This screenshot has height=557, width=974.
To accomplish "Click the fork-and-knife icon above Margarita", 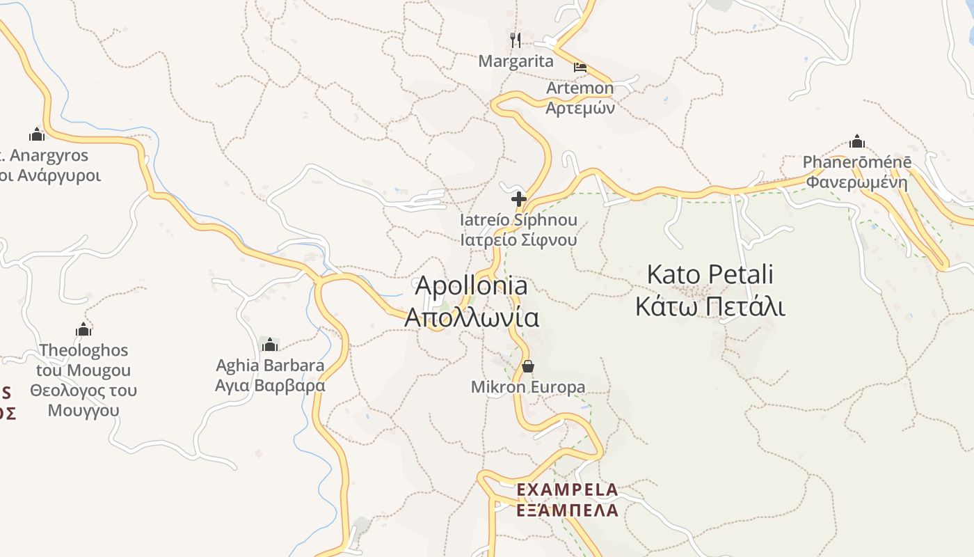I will click(x=516, y=40).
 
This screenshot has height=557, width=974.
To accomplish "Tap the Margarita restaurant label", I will click(x=516, y=61).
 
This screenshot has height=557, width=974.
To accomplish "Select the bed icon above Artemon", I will click(x=580, y=68).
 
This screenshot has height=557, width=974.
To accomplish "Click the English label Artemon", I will click(x=580, y=88).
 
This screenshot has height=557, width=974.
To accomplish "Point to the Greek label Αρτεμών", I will click(x=580, y=108).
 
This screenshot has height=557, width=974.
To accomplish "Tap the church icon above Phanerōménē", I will click(x=857, y=142).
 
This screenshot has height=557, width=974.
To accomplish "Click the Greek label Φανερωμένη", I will click(x=857, y=182).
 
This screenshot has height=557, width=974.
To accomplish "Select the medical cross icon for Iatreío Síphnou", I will click(x=519, y=200).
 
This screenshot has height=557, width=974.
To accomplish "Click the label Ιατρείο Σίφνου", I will click(x=518, y=240).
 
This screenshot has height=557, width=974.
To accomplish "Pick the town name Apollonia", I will click(x=471, y=285).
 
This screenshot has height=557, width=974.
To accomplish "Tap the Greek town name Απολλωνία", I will click(x=472, y=317).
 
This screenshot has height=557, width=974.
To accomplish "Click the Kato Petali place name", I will click(x=710, y=274).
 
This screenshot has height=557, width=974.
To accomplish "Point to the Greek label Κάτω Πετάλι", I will click(x=710, y=306).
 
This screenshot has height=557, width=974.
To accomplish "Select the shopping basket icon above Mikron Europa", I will click(x=528, y=366).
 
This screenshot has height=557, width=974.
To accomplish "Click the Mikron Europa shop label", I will click(x=528, y=387).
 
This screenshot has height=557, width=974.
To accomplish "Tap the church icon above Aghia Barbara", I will click(x=270, y=345).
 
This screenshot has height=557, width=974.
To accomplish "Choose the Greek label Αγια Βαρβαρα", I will click(x=270, y=385).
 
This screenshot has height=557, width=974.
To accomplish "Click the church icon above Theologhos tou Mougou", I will click(x=84, y=329).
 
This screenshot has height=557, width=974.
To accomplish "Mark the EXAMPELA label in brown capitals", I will click(x=567, y=490).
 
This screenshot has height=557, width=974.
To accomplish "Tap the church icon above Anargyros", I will click(x=37, y=134).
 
